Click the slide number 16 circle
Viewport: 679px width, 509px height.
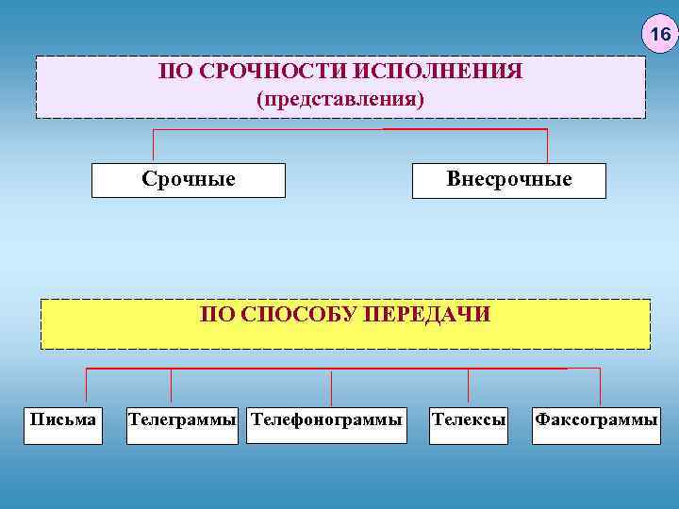point(659,36)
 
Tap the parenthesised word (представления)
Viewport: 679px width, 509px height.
point(340,98)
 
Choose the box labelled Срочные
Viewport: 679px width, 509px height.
point(188,179)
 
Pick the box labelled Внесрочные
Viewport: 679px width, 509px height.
point(509,179)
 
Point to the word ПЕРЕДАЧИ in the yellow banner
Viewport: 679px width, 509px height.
point(435,314)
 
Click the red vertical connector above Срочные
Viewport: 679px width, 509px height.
point(153,145)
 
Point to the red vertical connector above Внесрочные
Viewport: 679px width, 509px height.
point(547,145)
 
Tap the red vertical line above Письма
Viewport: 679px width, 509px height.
point(87,386)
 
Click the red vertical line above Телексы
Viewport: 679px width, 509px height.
point(469,386)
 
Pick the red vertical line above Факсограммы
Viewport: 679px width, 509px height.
point(601,386)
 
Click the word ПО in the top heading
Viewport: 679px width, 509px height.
point(174,72)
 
